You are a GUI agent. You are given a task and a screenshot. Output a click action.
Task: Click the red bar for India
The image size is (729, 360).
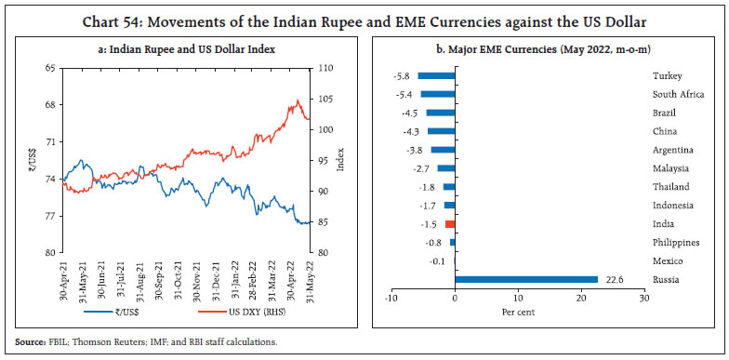[x=450, y=224]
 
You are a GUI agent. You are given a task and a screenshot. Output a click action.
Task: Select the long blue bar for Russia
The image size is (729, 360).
[x=525, y=279]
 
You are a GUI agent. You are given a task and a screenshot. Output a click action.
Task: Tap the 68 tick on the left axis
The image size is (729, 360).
[x=48, y=104]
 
